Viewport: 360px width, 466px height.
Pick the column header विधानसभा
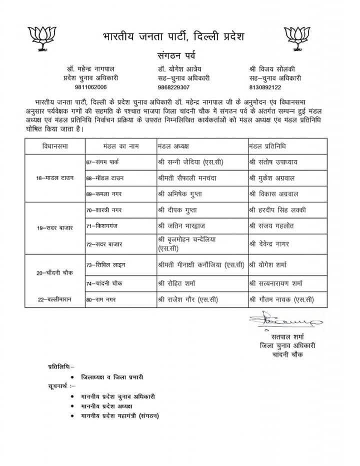tap(55, 146)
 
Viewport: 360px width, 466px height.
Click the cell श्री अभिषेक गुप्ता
tap(180, 192)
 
